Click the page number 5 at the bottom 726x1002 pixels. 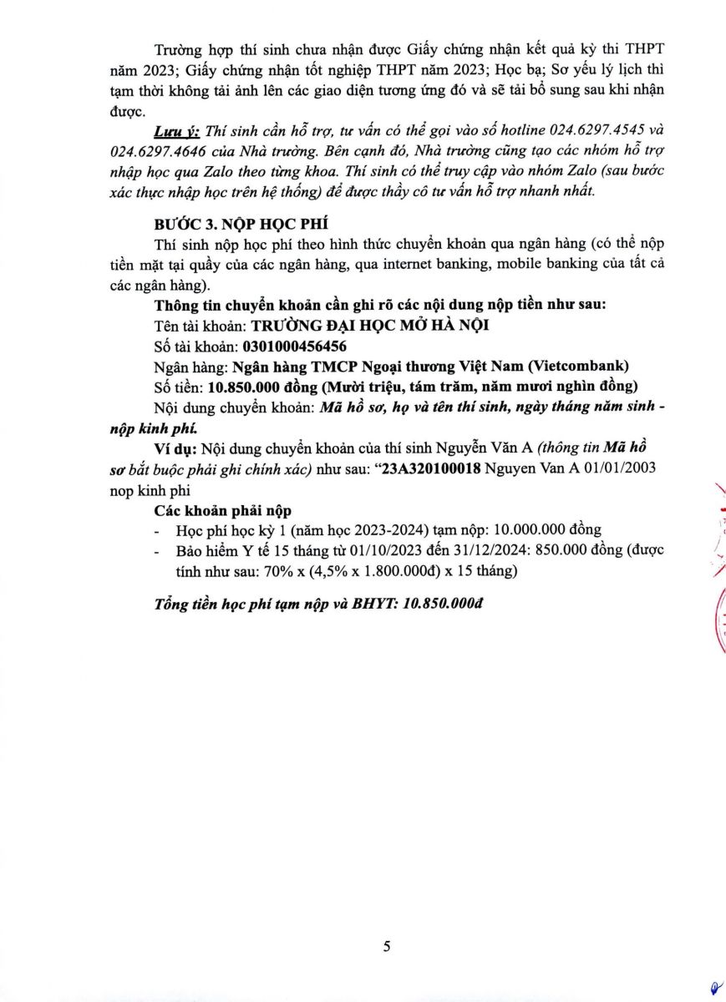click(387, 946)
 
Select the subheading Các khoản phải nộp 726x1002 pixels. click(223, 510)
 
